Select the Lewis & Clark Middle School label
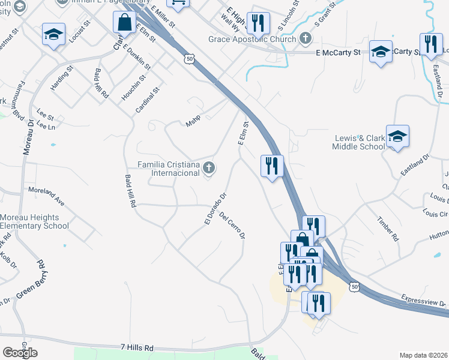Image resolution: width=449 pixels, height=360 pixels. click(360, 142)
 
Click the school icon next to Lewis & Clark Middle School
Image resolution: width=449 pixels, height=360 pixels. click(397, 137)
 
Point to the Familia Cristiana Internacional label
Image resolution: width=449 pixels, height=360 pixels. click(168, 169)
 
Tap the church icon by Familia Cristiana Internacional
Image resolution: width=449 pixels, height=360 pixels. click(209, 168)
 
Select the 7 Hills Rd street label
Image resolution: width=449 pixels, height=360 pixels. click(137, 348)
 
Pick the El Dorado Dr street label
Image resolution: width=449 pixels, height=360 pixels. click(214, 209)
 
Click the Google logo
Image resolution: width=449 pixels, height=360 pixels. click(20, 353)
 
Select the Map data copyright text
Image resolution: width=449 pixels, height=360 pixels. click(423, 355)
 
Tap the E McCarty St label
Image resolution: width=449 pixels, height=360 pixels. click(337, 53)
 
